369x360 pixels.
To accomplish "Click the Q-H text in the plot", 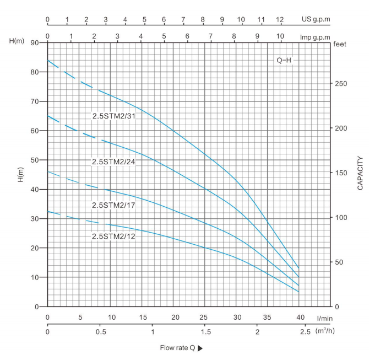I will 284,60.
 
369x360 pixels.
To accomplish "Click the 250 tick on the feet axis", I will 342,83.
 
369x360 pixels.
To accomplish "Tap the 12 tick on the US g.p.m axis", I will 280,19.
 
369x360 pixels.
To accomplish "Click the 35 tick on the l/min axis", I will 268,318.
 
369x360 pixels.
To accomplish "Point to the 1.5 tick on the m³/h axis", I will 205,332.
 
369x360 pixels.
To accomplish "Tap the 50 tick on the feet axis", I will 340,262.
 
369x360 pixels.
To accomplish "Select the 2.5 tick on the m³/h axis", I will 306,332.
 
